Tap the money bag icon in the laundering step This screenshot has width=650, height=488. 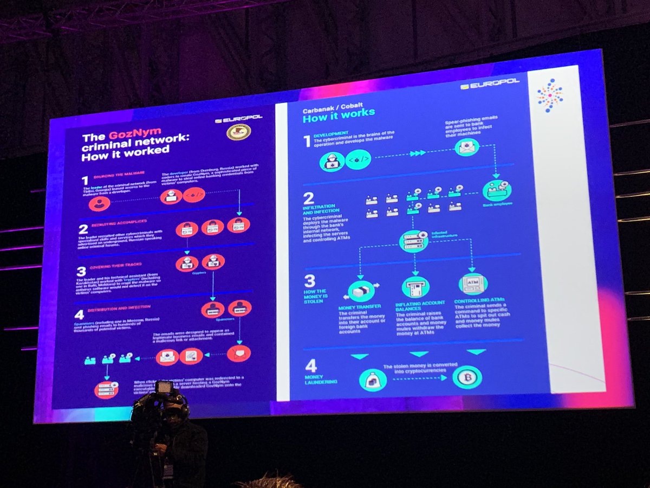coord(373,379)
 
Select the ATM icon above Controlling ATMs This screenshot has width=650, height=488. coord(472,283)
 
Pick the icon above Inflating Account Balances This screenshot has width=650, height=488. coord(415,286)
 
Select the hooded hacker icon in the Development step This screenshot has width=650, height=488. coord(331,160)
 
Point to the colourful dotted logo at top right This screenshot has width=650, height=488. coord(549,95)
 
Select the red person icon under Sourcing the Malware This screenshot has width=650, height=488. coord(100,204)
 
